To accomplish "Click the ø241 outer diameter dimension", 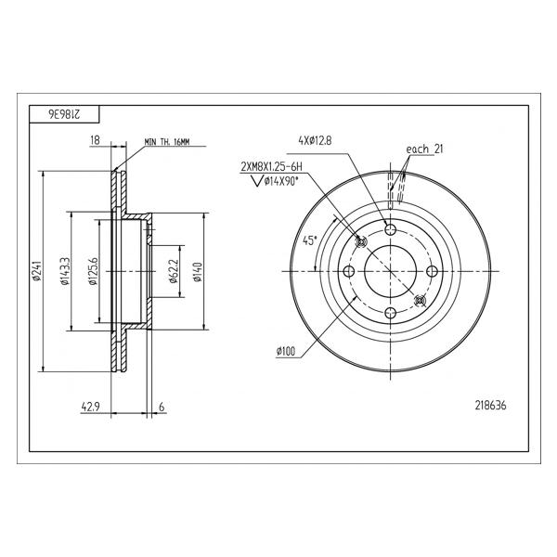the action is (36, 272).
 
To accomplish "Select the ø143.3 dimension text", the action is (65, 271).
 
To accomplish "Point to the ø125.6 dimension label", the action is (93, 271).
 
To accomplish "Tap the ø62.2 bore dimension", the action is (173, 271).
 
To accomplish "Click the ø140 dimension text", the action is (198, 272).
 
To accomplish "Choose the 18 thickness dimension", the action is (95, 140).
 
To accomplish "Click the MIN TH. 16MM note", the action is (167, 142).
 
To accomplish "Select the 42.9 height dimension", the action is (89, 407).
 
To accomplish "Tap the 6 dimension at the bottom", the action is (162, 407).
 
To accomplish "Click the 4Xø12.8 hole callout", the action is (315, 141).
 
